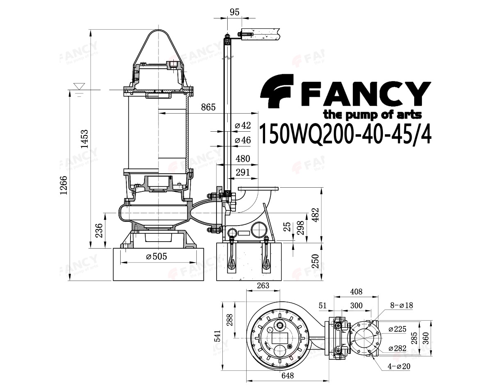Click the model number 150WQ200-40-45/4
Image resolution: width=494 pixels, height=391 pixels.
345,133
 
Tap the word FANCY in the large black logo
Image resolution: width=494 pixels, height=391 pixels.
366,94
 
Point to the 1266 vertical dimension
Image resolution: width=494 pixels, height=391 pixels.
63,185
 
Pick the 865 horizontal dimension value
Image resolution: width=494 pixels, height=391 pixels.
208,107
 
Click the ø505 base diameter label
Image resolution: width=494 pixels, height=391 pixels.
157,256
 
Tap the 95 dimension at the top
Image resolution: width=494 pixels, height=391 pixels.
234,12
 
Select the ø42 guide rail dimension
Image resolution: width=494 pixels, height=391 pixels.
243,126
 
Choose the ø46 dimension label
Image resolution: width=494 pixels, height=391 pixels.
243,140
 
